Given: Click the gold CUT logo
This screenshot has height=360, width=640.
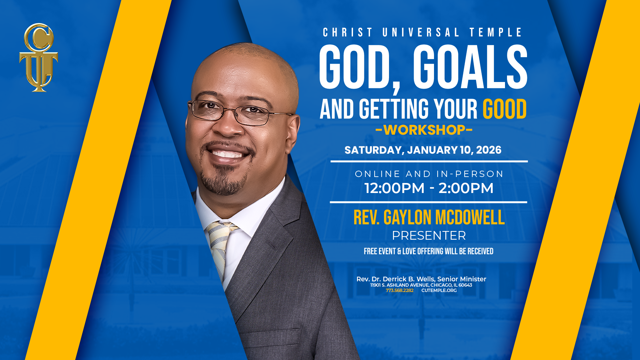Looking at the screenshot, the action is click(39, 57).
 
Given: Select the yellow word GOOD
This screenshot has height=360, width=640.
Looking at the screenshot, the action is click(504, 109).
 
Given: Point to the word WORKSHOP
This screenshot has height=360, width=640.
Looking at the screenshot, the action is click(424, 130).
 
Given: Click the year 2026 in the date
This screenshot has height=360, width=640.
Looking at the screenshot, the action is click(489, 150).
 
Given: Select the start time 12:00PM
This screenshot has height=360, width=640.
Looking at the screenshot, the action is click(394, 188).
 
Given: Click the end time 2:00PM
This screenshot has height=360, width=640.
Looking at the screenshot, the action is click(466, 188).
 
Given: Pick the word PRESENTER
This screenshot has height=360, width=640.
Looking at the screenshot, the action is click(429, 236).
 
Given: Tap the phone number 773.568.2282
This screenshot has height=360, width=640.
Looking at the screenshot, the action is click(399, 290).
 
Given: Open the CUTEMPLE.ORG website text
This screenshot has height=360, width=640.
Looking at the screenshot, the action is click(439, 290).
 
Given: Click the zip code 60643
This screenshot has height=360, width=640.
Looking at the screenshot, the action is click(465, 285).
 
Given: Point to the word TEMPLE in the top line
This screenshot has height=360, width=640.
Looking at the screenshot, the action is click(496, 32).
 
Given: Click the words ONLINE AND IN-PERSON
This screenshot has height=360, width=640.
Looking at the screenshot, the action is click(429, 174).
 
